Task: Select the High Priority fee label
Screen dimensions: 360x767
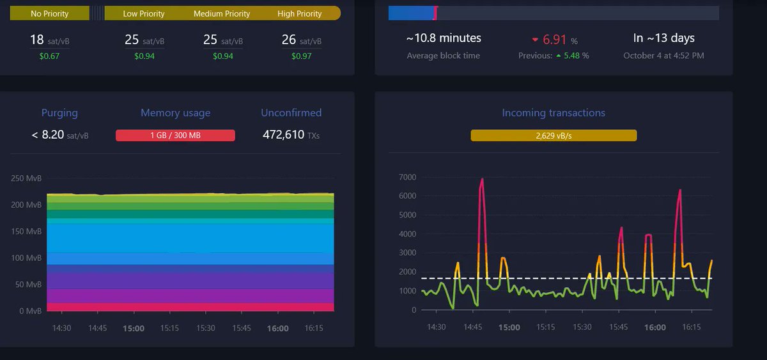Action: (299, 13)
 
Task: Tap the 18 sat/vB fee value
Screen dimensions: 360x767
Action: (49, 40)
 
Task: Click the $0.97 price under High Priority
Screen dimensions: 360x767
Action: (301, 56)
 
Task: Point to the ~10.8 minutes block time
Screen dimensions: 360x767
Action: (443, 38)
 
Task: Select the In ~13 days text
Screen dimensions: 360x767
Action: (663, 38)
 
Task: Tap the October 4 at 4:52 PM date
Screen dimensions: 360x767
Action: (663, 56)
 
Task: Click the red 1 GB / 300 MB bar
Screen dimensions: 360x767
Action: (175, 135)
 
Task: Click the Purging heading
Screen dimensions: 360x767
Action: (59, 113)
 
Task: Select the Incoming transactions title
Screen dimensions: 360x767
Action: (554, 113)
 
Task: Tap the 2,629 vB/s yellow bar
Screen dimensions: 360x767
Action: (554, 136)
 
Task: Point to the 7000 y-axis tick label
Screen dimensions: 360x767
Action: (407, 177)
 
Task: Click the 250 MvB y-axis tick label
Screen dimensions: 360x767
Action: (26, 178)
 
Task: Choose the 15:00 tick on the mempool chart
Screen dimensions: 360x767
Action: (134, 328)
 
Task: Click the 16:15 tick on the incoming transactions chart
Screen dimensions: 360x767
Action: (692, 327)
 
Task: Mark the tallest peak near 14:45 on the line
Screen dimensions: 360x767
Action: (482, 180)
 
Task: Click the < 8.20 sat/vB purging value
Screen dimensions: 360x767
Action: (59, 135)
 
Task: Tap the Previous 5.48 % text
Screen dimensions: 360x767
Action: (554, 56)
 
